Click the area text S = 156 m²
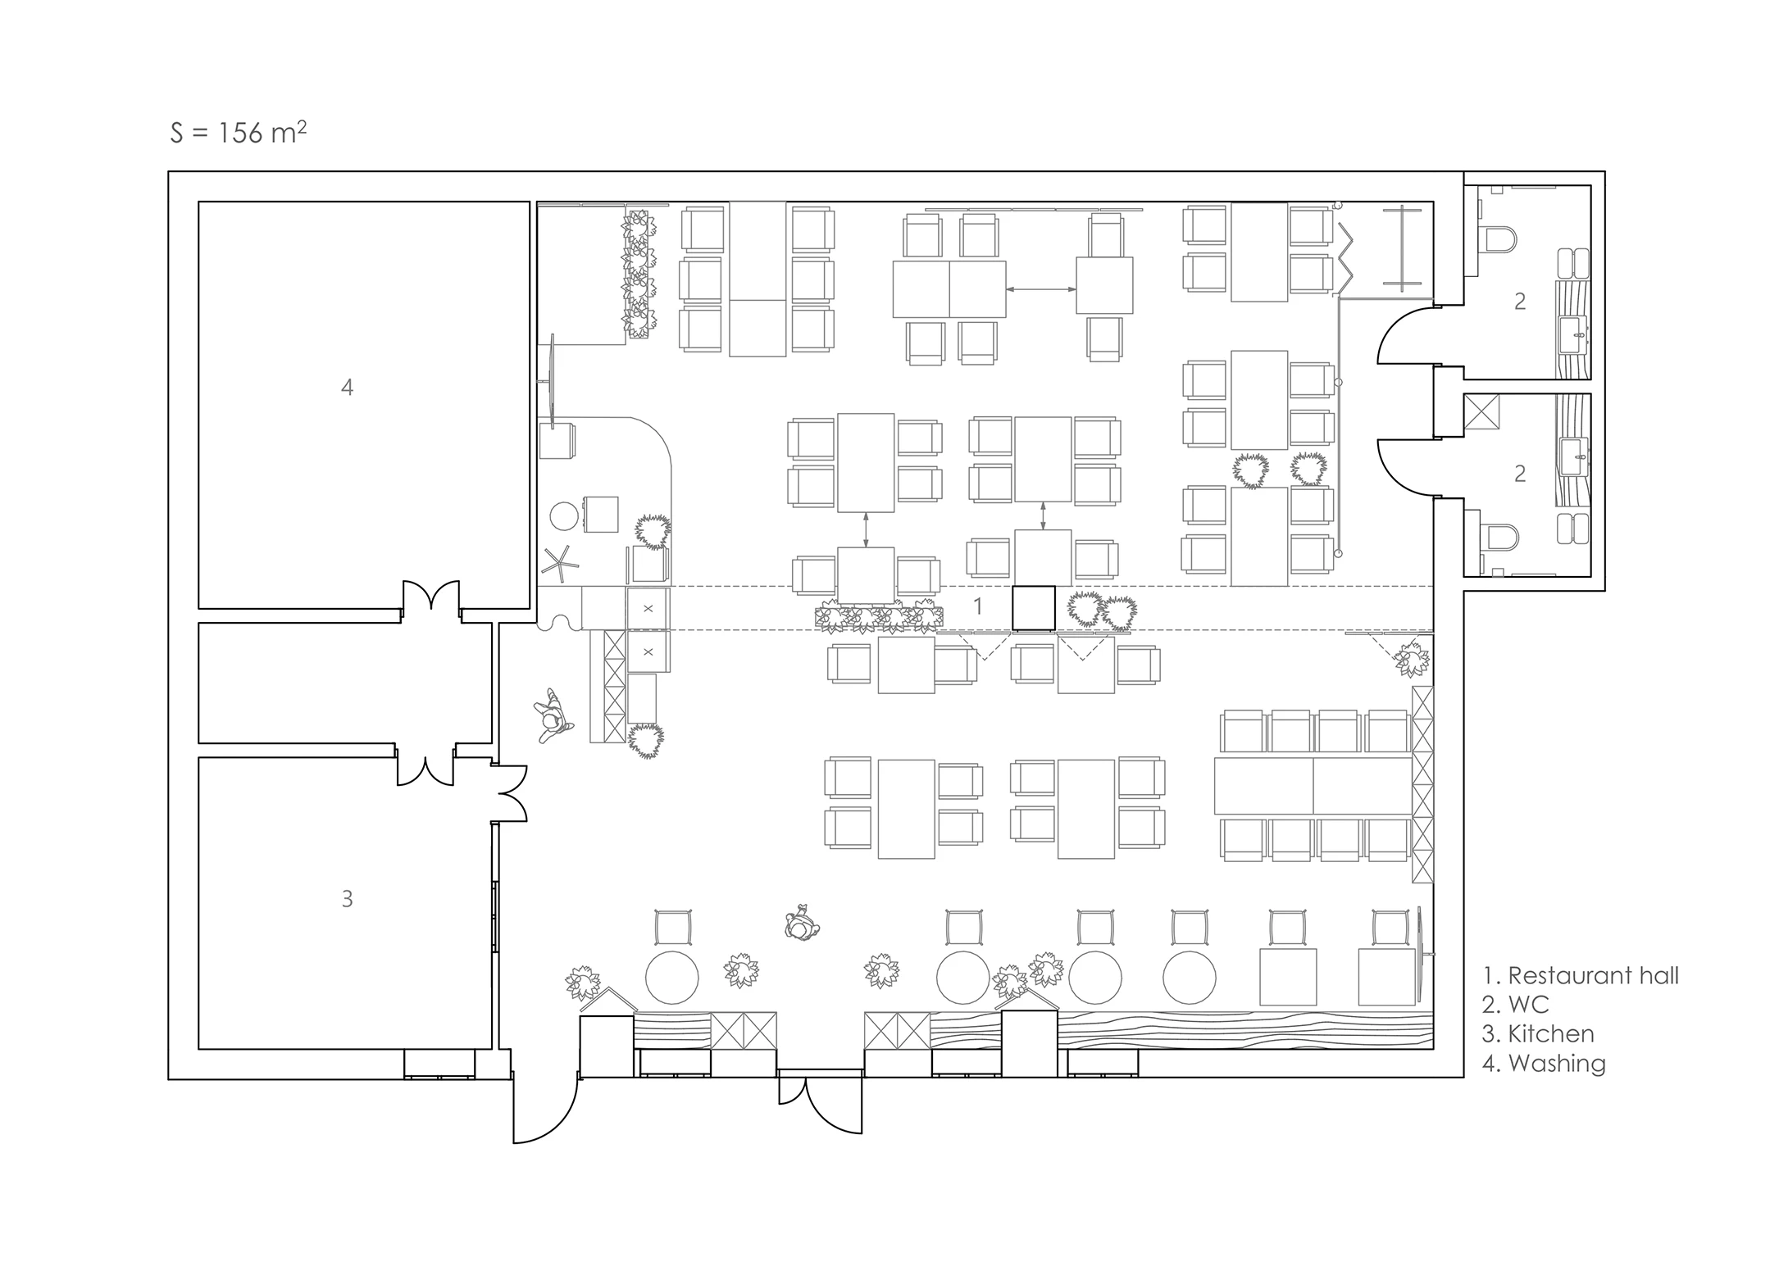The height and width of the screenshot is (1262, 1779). (239, 132)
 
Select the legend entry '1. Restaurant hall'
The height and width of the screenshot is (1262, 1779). (1581, 975)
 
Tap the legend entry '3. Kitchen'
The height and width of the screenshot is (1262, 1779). (1538, 1033)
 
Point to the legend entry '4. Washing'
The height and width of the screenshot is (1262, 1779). (1544, 1063)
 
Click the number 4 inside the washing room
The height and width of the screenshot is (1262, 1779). (347, 387)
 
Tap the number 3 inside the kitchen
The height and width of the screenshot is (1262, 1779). (347, 899)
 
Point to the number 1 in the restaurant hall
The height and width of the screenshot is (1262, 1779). (977, 606)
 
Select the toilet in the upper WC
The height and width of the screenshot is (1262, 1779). (1499, 240)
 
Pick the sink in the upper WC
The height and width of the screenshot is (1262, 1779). (1574, 335)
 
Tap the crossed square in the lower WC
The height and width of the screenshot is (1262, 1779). (1481, 411)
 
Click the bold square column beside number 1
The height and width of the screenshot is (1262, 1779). (1033, 608)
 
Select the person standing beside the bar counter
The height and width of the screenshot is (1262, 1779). (553, 715)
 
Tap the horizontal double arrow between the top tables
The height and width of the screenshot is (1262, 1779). (1041, 289)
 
